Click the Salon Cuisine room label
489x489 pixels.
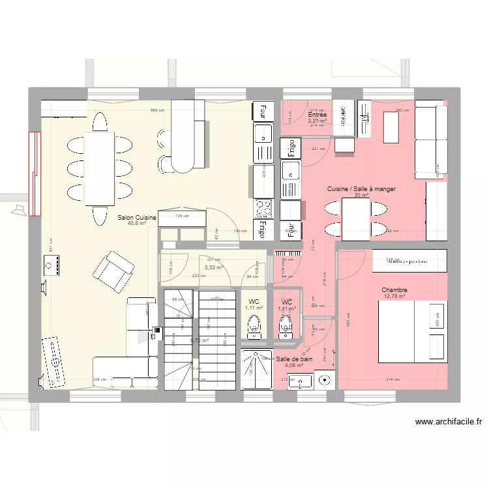137,218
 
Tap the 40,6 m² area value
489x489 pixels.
137,224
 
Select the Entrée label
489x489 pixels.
318,115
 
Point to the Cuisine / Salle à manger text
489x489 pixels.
362,189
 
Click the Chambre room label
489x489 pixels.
394,290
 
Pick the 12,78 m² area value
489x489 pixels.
394,297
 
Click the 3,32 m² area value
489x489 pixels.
213,267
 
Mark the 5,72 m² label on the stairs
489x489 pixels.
200,340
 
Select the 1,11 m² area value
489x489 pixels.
254,308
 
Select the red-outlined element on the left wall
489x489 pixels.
34,173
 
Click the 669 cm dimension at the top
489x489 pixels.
157,110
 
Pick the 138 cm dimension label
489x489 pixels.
182,216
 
